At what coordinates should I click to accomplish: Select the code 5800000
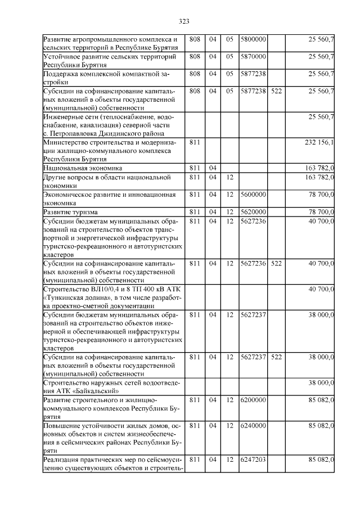[x=253, y=39]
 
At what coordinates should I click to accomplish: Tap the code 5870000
[x=253, y=57]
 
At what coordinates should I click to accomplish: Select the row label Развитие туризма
[x=70, y=212]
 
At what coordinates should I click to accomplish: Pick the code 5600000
[x=253, y=195]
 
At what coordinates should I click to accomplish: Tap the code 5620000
[x=253, y=212]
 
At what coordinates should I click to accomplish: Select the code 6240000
[x=253, y=426]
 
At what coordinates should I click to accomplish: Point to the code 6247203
[x=253, y=460]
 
